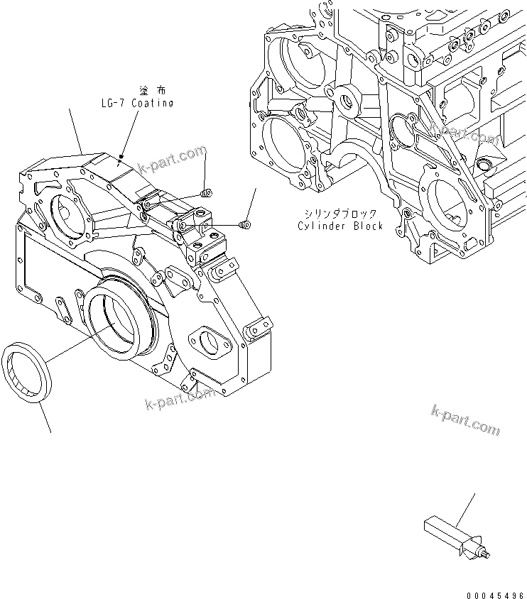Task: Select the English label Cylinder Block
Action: [340, 226]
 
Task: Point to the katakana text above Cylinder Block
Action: [341, 214]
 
